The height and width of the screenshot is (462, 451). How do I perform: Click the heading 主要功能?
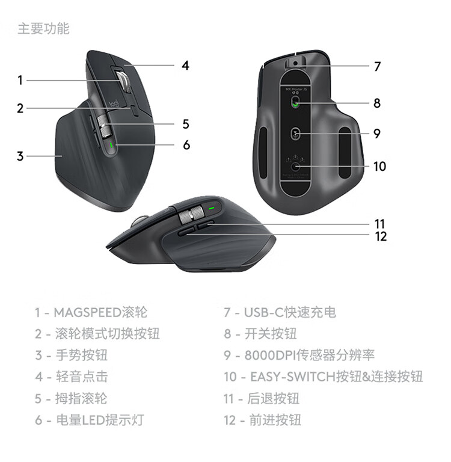[44, 29]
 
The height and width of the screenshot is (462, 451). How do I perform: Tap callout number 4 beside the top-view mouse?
[185, 66]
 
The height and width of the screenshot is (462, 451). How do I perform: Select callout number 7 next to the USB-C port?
[378, 66]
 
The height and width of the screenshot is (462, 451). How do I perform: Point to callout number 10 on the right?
[379, 167]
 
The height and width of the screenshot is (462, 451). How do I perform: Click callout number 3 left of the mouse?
[20, 156]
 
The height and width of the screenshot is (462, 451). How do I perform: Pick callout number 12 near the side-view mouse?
[381, 236]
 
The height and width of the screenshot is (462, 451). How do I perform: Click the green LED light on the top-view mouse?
[111, 145]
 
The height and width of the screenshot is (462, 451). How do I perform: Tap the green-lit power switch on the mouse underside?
[295, 102]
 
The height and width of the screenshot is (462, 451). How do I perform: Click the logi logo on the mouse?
[114, 103]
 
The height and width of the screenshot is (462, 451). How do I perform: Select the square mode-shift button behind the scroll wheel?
[135, 111]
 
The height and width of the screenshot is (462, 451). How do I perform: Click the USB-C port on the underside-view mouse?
[295, 63]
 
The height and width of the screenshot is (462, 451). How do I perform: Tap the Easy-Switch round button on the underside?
[295, 167]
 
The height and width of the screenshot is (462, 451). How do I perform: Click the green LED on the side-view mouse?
[212, 208]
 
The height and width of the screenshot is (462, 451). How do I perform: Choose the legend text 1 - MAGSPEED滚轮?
[91, 312]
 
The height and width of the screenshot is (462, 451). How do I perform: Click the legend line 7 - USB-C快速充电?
[280, 312]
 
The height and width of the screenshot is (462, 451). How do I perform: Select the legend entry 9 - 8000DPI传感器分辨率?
[299, 355]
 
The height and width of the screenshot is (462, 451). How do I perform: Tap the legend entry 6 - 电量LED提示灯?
[90, 420]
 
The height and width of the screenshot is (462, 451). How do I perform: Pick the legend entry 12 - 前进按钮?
[262, 420]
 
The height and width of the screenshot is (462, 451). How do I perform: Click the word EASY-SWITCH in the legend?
[293, 377]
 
